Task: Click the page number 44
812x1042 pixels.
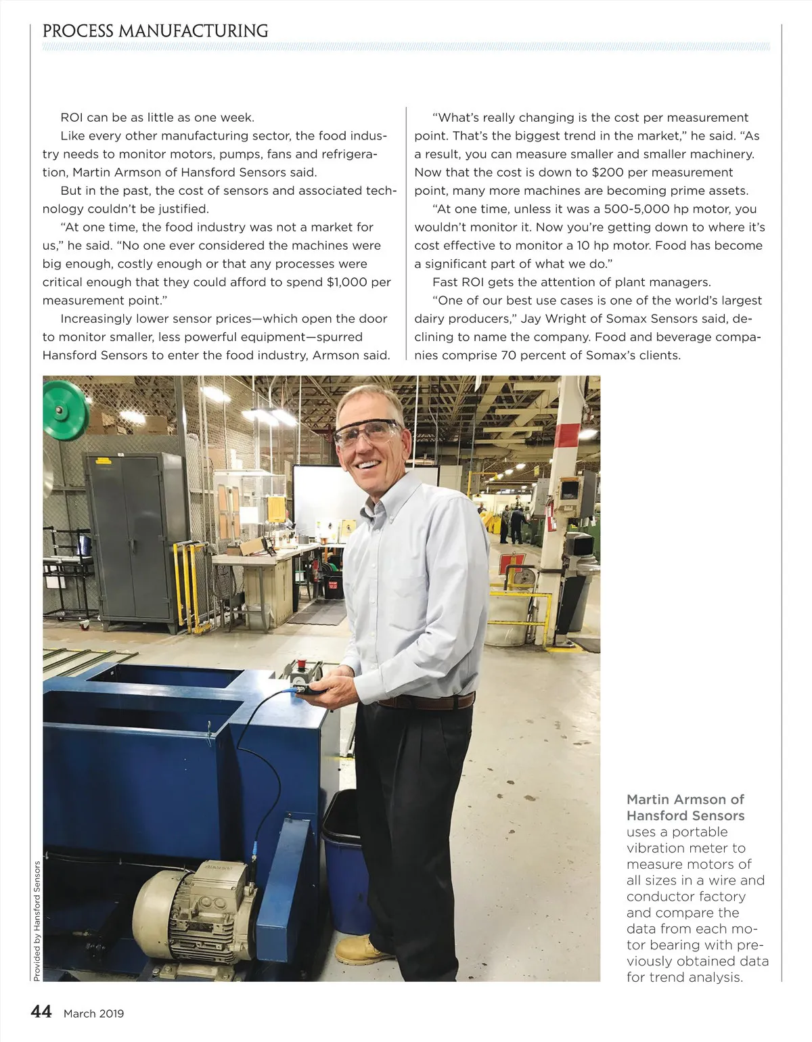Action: click(x=41, y=1012)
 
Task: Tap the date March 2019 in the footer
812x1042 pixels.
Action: click(x=93, y=1013)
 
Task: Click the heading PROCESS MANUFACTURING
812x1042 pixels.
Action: click(x=155, y=31)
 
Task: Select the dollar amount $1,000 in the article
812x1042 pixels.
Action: click(x=346, y=282)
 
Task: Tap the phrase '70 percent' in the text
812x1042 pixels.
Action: click(x=532, y=355)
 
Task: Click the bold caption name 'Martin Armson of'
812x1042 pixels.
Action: click(x=685, y=799)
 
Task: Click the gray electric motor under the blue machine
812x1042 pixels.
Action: click(x=193, y=907)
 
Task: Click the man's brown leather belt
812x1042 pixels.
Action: click(x=426, y=702)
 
